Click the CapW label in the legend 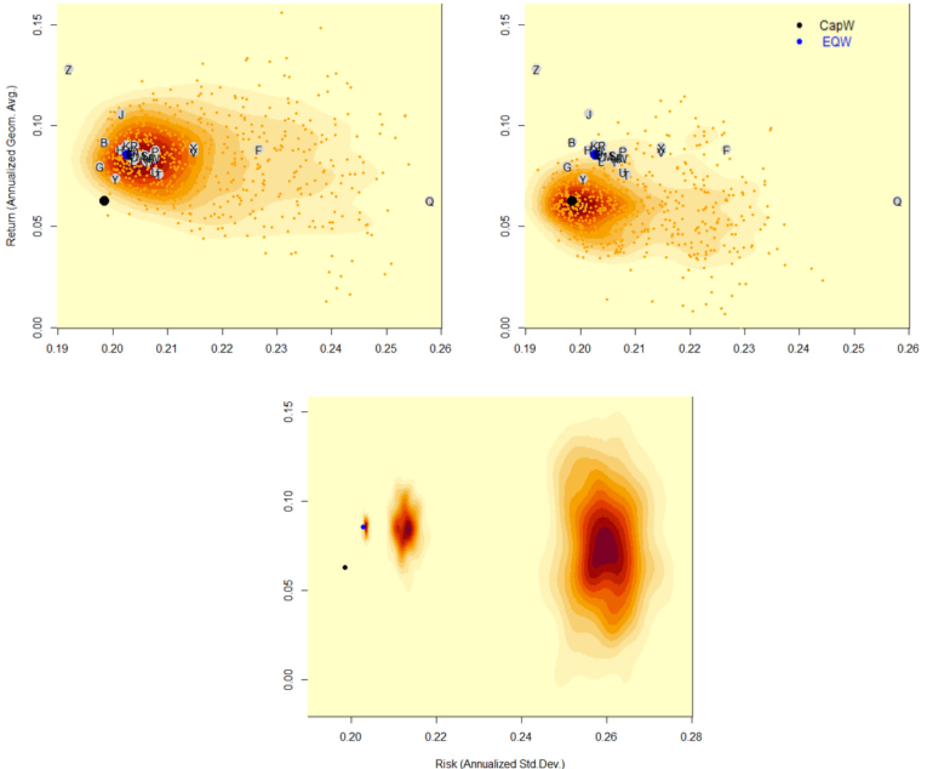point(837,25)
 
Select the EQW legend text point(837,42)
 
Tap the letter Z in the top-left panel point(68,70)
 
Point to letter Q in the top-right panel point(897,202)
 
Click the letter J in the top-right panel point(589,114)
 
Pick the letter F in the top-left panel point(258,150)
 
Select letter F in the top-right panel point(726,150)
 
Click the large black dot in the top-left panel point(104,201)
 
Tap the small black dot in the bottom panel point(345,567)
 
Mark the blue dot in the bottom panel point(364,527)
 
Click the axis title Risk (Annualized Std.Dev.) point(500,763)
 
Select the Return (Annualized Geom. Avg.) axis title point(12,165)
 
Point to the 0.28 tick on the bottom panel point(691,737)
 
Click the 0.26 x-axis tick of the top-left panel point(440,349)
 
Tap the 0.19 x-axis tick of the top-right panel point(525,349)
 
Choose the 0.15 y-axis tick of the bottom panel point(289,412)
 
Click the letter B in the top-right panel point(572,143)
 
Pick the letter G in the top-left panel point(100,167)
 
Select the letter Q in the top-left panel point(429,202)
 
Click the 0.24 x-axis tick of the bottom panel point(521,737)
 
